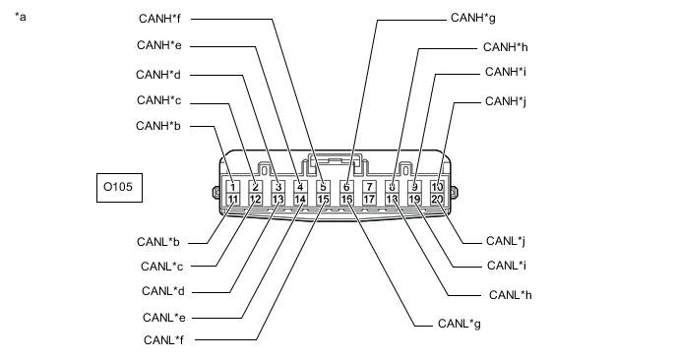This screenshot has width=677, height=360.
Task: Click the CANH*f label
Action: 159,19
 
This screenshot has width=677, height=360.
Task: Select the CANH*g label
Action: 472,18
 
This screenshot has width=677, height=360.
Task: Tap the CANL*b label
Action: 158,242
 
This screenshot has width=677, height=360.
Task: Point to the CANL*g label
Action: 459,324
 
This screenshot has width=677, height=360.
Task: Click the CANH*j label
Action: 506,101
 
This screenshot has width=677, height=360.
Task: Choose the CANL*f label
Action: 163,340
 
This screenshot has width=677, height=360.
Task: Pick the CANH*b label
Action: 158,126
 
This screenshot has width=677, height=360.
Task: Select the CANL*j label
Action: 506,241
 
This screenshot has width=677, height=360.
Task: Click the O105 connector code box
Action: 119,188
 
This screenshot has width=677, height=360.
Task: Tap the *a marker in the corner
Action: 21,17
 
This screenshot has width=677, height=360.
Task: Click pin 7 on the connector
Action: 369,187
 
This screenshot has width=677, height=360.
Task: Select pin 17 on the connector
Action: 369,200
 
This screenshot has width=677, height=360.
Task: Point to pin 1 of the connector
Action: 232,187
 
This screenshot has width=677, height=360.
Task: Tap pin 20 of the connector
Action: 437,200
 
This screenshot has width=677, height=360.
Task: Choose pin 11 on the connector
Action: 232,200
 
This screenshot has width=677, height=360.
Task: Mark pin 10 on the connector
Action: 437,187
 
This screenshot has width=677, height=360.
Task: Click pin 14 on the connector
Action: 300,200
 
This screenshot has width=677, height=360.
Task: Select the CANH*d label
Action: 158,75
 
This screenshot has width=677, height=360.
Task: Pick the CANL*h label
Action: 511,295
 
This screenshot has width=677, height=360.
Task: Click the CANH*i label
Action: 506,72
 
